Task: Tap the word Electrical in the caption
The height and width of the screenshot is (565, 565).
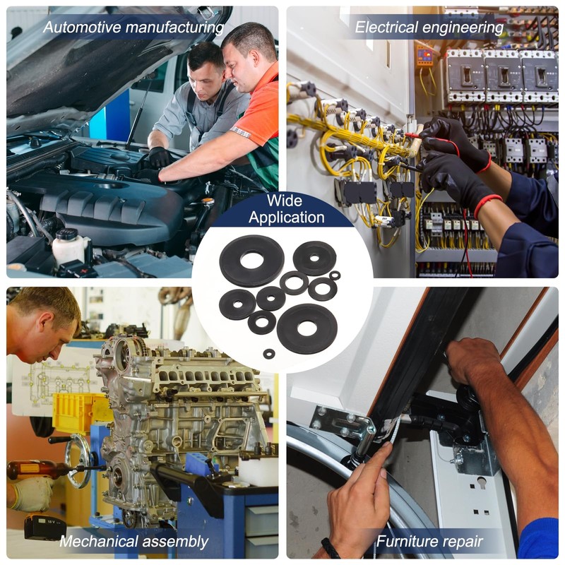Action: point(387,28)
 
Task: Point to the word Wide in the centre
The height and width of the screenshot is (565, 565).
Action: point(285,201)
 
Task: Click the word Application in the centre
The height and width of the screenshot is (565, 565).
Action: point(287,218)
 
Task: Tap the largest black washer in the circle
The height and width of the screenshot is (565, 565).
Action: point(251,261)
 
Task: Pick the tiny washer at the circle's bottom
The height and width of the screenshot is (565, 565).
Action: point(269,354)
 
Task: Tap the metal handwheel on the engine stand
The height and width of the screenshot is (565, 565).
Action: point(78,461)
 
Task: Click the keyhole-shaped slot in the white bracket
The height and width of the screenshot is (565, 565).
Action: point(482,483)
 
